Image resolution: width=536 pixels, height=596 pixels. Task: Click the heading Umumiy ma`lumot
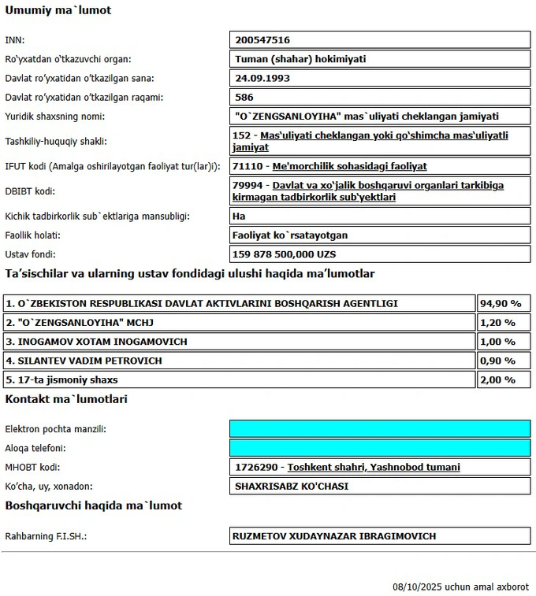click(58, 10)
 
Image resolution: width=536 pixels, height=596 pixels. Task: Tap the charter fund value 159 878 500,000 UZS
click(285, 254)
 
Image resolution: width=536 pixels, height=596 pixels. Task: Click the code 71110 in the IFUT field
click(247, 166)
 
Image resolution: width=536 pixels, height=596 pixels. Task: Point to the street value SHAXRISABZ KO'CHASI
click(292, 486)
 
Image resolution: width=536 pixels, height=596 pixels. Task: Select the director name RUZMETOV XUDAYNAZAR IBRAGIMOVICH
click(335, 536)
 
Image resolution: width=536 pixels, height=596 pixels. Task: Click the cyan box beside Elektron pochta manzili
click(379, 428)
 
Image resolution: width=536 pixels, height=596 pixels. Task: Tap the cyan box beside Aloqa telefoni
click(379, 447)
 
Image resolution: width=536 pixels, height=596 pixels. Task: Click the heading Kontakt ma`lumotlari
click(66, 399)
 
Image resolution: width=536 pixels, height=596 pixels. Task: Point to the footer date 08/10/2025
click(417, 587)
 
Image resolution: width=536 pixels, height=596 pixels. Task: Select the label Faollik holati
click(33, 235)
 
